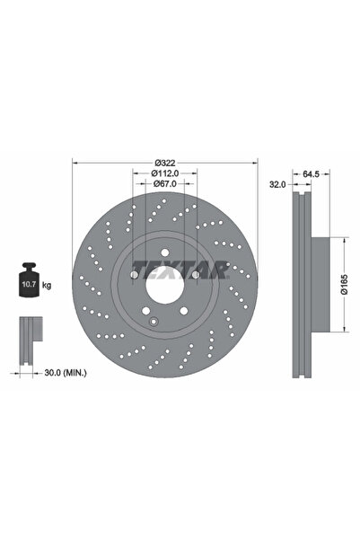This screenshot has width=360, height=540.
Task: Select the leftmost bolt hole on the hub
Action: pyautogui.click(x=132, y=278)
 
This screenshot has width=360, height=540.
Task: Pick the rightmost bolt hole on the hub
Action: pyautogui.click(x=195, y=278)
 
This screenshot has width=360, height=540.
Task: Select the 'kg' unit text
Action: pyautogui.click(x=47, y=285)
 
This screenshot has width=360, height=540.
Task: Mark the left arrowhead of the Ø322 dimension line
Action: pyautogui.click(x=74, y=163)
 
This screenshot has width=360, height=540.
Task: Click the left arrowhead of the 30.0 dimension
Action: pyautogui.click(x=17, y=368)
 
